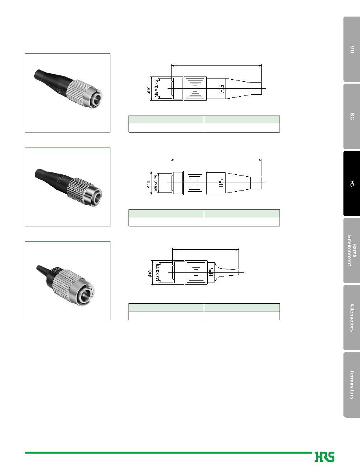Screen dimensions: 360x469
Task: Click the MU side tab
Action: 352,49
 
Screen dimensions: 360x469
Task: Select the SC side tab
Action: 352,116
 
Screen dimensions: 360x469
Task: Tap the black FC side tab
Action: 352,183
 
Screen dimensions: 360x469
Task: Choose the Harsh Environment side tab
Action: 352,250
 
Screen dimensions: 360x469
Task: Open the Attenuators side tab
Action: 352,318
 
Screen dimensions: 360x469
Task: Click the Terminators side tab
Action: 352,385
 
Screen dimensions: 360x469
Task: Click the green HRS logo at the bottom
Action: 324,457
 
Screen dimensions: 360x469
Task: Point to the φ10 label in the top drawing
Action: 149,90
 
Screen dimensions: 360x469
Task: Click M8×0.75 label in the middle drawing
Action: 156,183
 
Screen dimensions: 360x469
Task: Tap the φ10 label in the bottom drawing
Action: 150,273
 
